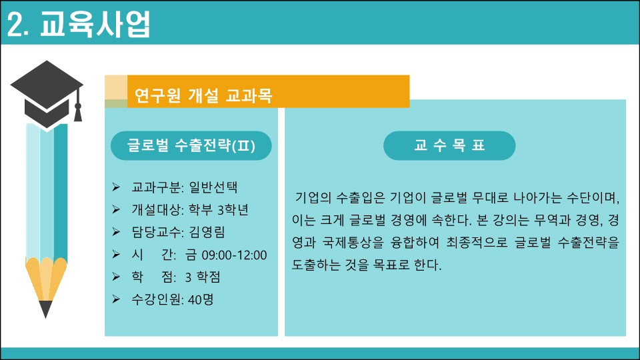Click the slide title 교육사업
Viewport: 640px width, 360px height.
95,24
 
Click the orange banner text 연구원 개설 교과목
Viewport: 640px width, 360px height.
203,95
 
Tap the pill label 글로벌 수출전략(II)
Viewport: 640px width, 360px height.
191,145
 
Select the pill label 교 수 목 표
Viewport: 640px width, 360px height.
449,145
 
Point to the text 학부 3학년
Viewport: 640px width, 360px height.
219,209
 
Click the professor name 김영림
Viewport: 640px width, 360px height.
207,232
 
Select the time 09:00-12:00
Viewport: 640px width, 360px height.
234,255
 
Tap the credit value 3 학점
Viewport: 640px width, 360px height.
203,277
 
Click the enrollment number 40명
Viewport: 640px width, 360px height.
201,299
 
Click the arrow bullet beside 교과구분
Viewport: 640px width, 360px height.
116,187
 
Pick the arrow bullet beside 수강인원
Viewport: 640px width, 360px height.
116,299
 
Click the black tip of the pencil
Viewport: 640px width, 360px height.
46,309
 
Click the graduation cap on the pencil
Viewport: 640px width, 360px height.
47,95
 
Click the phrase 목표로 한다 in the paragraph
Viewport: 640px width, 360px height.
407,265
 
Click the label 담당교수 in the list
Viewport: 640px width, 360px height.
155,232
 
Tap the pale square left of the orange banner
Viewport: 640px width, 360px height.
116,87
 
